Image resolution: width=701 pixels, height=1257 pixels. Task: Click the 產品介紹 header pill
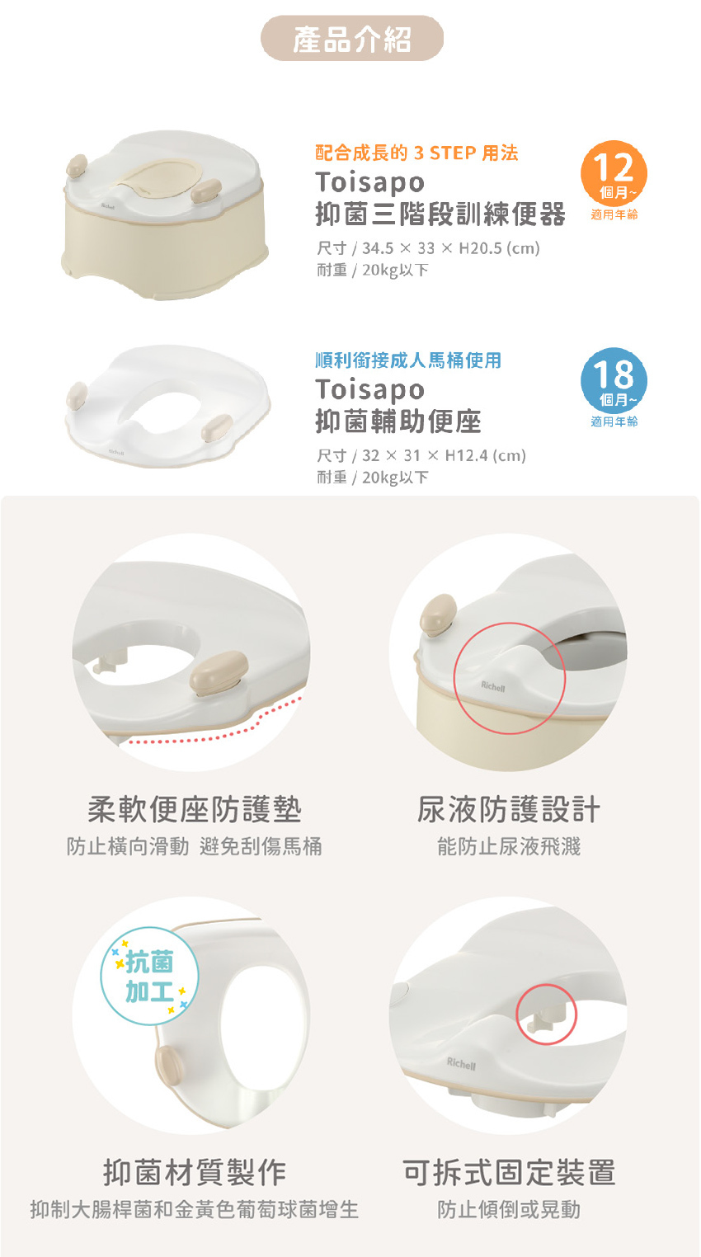(x=352, y=38)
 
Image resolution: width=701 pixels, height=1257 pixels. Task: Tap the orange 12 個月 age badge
(x=614, y=173)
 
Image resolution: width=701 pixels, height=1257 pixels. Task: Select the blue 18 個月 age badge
(x=614, y=380)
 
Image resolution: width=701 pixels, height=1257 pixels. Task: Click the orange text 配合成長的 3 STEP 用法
(x=416, y=153)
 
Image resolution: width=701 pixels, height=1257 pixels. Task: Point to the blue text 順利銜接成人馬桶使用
(x=408, y=360)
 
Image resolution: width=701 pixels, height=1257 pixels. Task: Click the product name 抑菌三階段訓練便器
(x=440, y=214)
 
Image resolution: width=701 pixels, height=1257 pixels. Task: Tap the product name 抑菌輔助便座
(x=398, y=421)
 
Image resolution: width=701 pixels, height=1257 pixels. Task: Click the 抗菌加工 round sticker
(x=149, y=976)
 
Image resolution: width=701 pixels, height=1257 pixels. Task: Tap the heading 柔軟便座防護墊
(x=194, y=809)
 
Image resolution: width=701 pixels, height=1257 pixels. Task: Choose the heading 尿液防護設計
(x=509, y=809)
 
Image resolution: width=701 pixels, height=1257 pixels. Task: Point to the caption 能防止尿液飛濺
(x=509, y=846)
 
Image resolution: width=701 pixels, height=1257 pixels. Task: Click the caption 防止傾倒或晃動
(x=509, y=1209)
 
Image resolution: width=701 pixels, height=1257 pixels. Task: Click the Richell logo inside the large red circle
(x=493, y=687)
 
